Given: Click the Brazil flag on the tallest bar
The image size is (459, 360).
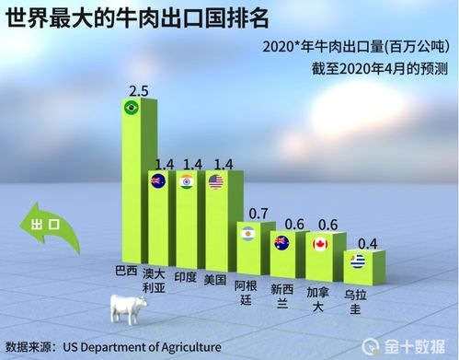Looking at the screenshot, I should tap(132, 109).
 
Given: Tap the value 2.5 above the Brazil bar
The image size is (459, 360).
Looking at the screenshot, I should tap(138, 90).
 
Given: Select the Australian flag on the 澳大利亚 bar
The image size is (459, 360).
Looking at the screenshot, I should tap(157, 180).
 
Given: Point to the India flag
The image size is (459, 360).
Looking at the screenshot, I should tap(186, 181).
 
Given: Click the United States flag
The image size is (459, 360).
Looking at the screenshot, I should tap(216, 180).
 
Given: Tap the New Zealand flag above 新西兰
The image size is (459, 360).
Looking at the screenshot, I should tap(281, 243).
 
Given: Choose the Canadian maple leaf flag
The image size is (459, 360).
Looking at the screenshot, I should tap(320, 244).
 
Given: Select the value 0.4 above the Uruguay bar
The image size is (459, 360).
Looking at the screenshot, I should tap(366, 244).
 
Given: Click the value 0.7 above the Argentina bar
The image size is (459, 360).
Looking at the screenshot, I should tap(258, 214).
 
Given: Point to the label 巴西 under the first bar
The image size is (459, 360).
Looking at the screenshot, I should tap(125, 273).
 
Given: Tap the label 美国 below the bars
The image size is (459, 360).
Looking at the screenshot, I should tap(215, 279).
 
